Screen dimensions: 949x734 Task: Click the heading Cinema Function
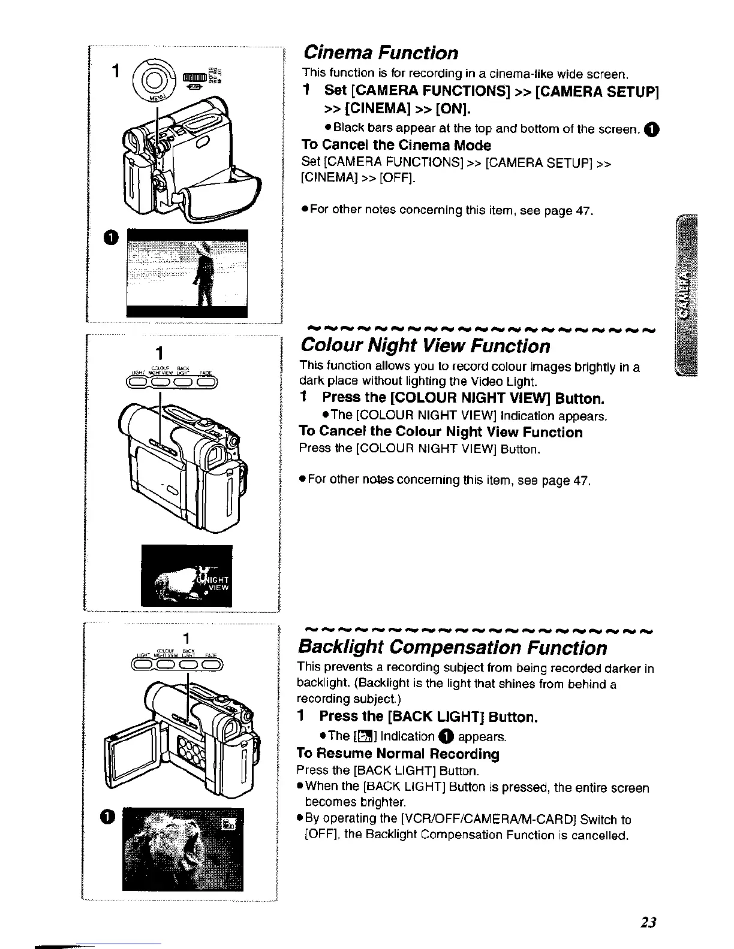click(x=381, y=53)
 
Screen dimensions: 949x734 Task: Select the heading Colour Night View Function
click(x=425, y=346)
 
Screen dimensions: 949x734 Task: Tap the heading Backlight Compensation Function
click(x=452, y=648)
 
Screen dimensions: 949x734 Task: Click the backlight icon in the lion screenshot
click(x=230, y=825)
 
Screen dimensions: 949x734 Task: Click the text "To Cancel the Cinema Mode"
click(x=396, y=146)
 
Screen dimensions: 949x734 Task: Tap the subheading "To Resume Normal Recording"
click(x=398, y=754)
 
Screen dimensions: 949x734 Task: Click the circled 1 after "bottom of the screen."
click(x=653, y=129)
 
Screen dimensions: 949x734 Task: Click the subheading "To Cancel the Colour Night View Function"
click(x=440, y=433)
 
